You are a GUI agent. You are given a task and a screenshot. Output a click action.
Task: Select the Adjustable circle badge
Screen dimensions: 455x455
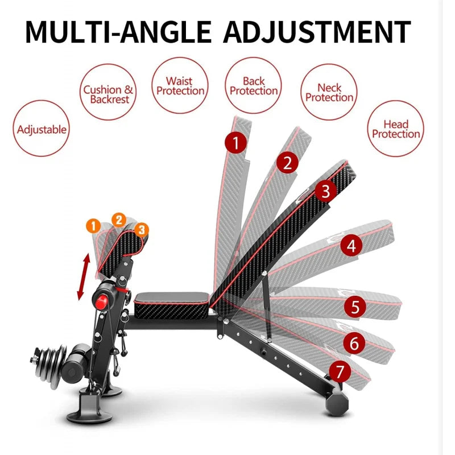[42, 129]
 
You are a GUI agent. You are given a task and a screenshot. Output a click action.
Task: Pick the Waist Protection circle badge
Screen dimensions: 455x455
[180, 86]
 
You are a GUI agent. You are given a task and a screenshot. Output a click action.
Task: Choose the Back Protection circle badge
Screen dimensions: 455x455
[254, 86]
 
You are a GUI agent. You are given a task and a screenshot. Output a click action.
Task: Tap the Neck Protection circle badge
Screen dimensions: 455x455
[329, 93]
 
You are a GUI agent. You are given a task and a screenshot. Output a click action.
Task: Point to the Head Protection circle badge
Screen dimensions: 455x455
[396, 129]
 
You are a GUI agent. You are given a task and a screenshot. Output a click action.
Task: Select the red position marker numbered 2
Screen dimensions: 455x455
[288, 163]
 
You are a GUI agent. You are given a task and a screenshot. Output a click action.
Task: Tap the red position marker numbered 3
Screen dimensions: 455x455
[325, 191]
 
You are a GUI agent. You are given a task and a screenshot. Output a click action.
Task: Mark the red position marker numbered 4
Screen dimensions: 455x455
[351, 246]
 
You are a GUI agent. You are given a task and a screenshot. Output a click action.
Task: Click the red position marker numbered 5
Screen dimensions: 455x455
[355, 307]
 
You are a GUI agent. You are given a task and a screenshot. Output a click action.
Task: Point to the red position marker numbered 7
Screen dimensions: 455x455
[340, 373]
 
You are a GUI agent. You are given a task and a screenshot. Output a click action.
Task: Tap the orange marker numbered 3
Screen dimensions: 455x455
[142, 229]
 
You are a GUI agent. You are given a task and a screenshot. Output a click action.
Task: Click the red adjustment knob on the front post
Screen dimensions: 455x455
[104, 300]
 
